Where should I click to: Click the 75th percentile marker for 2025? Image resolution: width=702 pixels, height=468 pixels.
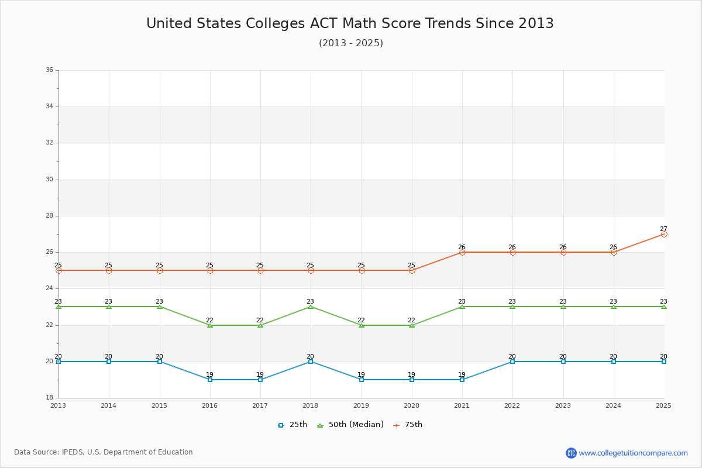pyautogui.click(x=664, y=234)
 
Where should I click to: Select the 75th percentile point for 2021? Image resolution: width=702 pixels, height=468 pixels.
pyautogui.click(x=462, y=252)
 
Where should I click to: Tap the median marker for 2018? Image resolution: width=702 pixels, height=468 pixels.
pyautogui.click(x=311, y=307)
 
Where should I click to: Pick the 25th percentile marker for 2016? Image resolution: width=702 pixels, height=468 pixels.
pyautogui.click(x=210, y=380)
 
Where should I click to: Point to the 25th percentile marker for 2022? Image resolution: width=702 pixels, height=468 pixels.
pyautogui.click(x=512, y=362)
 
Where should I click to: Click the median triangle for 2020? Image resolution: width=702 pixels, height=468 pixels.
pyautogui.click(x=412, y=325)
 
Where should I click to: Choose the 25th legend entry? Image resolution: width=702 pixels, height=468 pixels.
pyautogui.click(x=292, y=425)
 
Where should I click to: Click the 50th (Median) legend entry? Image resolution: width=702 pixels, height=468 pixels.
pyautogui.click(x=350, y=425)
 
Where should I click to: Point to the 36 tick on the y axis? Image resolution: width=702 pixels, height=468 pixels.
pyautogui.click(x=49, y=70)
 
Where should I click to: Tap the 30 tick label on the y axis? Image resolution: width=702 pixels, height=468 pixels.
pyautogui.click(x=49, y=180)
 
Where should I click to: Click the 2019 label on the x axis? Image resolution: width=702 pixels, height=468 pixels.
pyautogui.click(x=361, y=405)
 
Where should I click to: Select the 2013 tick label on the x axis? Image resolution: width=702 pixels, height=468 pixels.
pyautogui.click(x=58, y=405)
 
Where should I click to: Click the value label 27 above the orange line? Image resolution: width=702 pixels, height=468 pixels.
pyautogui.click(x=663, y=229)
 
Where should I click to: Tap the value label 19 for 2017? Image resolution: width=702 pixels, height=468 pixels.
pyautogui.click(x=260, y=374)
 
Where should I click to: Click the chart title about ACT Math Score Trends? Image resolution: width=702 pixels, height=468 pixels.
pyautogui.click(x=350, y=23)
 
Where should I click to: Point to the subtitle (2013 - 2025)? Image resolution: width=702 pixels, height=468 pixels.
pyautogui.click(x=351, y=43)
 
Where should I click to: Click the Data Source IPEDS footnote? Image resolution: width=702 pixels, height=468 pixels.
pyautogui.click(x=104, y=452)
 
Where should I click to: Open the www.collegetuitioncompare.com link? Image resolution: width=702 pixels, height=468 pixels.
pyautogui.click(x=634, y=453)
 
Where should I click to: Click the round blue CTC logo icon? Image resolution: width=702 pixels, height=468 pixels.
pyautogui.click(x=571, y=453)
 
